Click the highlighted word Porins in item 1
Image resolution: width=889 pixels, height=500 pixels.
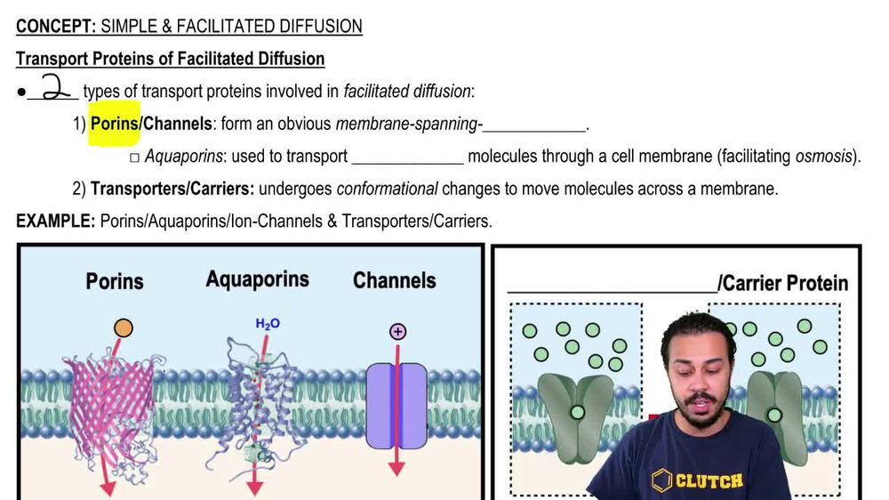tap(114, 125)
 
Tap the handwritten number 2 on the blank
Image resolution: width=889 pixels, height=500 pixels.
tap(53, 88)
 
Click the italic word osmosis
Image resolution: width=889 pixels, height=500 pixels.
tap(822, 157)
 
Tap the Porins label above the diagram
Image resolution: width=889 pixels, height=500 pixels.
tap(115, 281)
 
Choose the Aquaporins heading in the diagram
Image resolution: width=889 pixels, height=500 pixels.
tap(257, 279)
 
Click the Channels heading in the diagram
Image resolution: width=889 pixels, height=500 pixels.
tap(394, 281)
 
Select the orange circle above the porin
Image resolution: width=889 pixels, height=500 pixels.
tap(124, 328)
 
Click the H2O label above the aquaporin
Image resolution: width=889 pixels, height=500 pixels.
tap(268, 324)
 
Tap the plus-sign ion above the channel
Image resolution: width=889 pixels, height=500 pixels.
tap(397, 332)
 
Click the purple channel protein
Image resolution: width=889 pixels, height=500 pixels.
tap(396, 405)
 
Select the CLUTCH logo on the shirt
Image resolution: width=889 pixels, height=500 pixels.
tap(698, 481)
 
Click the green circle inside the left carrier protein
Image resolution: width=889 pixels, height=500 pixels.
tap(577, 412)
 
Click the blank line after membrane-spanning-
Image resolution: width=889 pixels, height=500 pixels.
tap(534, 125)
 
